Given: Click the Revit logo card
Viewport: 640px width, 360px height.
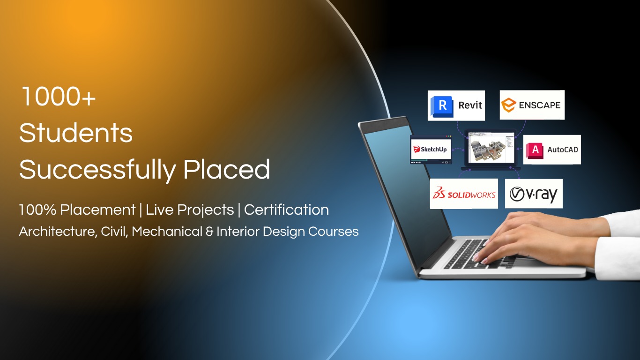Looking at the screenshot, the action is pyautogui.click(x=456, y=105).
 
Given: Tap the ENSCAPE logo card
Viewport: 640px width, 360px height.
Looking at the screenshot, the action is pyautogui.click(x=532, y=105).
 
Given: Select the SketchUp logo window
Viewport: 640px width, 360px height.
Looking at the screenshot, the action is pyautogui.click(x=431, y=150).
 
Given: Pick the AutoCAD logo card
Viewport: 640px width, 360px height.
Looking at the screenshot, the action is pyautogui.click(x=552, y=150).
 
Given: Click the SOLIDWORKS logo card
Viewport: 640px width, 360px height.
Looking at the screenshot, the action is pyautogui.click(x=464, y=194).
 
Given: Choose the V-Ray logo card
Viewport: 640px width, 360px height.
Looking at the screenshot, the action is pyautogui.click(x=534, y=194).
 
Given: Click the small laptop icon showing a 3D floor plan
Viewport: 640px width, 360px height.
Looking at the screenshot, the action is pyautogui.click(x=491, y=150).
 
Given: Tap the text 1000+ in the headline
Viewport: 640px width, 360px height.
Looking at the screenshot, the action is pyautogui.click(x=58, y=97).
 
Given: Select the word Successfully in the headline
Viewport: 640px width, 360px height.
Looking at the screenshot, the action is pyautogui.click(x=97, y=170).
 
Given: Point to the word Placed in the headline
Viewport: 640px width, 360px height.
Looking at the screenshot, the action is pyautogui.click(x=227, y=169).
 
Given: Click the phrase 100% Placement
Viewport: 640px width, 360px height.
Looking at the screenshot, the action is pyautogui.click(x=77, y=210).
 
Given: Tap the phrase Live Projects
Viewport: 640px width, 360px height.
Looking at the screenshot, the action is pyautogui.click(x=190, y=210).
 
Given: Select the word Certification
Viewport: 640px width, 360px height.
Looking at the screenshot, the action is pyautogui.click(x=286, y=210).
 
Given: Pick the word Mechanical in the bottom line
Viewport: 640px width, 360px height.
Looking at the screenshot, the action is pyautogui.click(x=167, y=231).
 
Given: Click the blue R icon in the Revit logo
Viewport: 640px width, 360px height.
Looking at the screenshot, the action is pyautogui.click(x=442, y=106).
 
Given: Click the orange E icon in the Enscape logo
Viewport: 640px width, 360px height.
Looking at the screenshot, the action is pyautogui.click(x=508, y=105).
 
